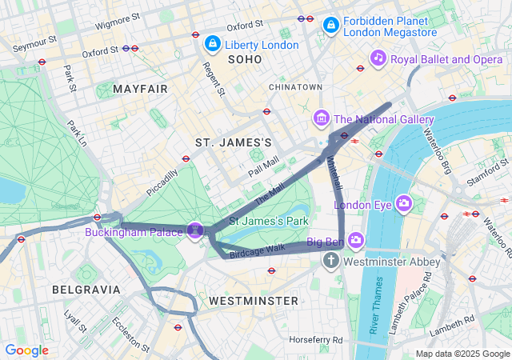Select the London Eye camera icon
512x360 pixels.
pyautogui.click(x=405, y=204)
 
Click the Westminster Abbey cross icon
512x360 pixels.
pyautogui.click(x=331, y=261)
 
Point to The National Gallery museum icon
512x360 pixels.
pyautogui.click(x=322, y=119)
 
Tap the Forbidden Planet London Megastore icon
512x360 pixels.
pyautogui.click(x=330, y=26)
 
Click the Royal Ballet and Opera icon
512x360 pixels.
pyautogui.click(x=378, y=58)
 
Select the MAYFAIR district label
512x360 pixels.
pyautogui.click(x=141, y=89)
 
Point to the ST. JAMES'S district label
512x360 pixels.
pyautogui.click(x=234, y=142)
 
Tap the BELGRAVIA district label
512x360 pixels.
pyautogui.click(x=86, y=289)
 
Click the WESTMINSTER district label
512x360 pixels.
pyautogui.click(x=253, y=301)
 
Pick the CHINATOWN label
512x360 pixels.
pyautogui.click(x=295, y=86)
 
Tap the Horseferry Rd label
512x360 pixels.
pyautogui.click(x=316, y=339)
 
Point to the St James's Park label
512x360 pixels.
pyautogui.click(x=269, y=220)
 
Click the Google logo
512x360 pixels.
pyautogui.click(x=26, y=350)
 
